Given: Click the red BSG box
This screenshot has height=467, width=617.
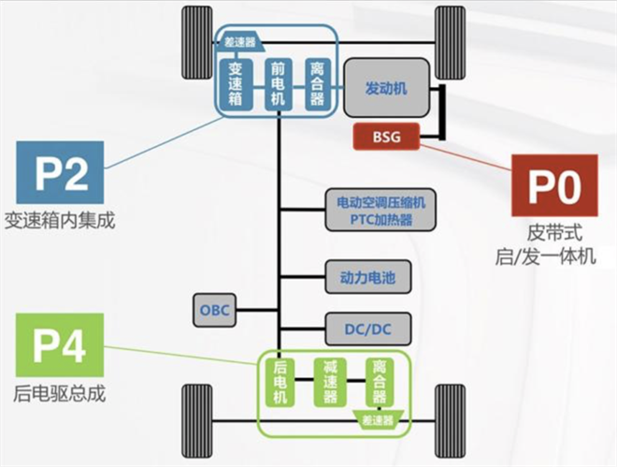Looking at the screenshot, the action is coord(386,137).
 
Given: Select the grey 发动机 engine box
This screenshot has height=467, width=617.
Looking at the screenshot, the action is coord(386,88).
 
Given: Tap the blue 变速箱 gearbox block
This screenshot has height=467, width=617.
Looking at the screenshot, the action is coord(236,84).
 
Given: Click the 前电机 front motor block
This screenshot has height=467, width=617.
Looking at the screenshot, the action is coord(279,84).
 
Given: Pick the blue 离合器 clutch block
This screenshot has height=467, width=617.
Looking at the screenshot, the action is coord(318,84).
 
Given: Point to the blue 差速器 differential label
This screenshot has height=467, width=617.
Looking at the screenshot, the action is coord(240,42).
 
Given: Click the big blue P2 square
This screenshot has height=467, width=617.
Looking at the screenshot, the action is coord(60,172).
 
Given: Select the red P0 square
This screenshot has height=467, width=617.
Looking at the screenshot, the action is coord(554,185).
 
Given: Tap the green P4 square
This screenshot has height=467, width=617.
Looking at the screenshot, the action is coord(60,345).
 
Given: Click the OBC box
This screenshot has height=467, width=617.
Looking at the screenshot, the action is coord(214,310).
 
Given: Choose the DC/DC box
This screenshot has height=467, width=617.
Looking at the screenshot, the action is coord(368,328).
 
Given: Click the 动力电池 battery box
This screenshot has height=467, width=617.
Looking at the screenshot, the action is coord(368,277).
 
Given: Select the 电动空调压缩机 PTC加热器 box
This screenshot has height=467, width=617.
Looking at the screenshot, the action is coord(380,210).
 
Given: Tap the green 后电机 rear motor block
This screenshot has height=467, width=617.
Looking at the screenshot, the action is coord(280,382).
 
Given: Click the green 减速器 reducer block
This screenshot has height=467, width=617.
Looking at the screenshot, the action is coord(330,382).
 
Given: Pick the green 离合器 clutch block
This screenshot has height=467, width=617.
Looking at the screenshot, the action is coord(380,382).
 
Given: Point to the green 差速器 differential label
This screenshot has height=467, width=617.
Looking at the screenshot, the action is coord(378,420).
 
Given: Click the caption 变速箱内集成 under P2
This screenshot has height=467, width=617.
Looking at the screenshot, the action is coord(60,221).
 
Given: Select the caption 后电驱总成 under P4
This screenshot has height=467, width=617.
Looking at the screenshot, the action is coord(60,393).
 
